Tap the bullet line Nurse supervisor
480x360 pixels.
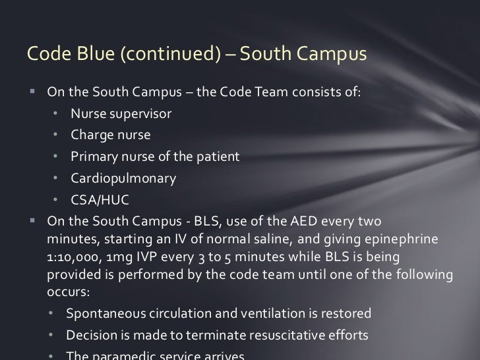click(x=121, y=113)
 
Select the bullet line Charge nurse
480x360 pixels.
click(x=111, y=135)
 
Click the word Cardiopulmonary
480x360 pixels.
click(x=123, y=178)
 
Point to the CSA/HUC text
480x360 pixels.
click(x=100, y=200)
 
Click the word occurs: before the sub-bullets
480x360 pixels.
click(x=67, y=289)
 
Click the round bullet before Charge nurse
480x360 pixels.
click(x=57, y=135)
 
